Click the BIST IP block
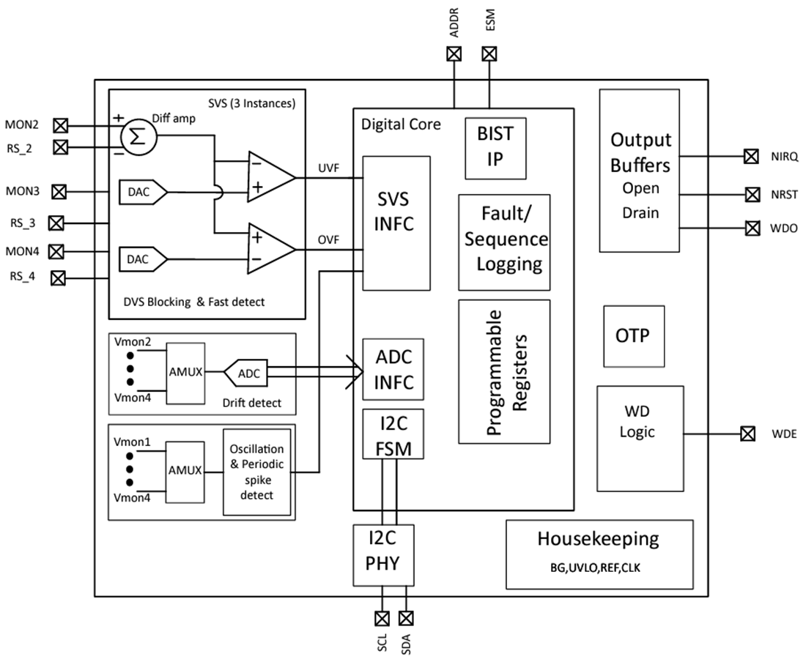coord(495,147)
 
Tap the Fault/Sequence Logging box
coord(504,242)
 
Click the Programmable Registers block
coord(504,371)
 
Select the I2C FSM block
coord(393,434)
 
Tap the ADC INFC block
coord(394,370)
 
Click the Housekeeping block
coord(599,554)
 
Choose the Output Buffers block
coord(640,171)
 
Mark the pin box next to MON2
coord(62,124)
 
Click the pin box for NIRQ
coord(750,156)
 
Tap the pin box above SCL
coord(381,617)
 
